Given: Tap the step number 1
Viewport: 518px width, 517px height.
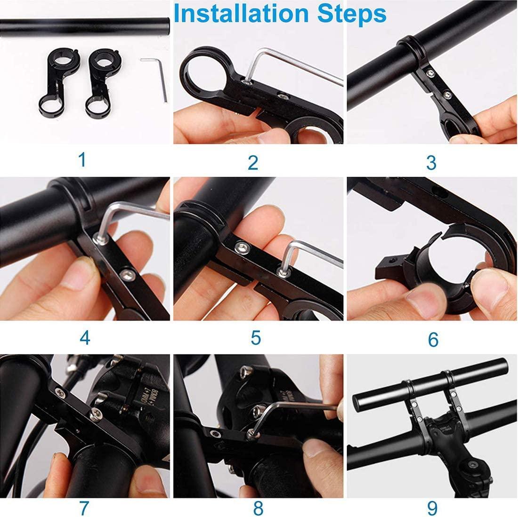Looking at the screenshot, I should click(82, 159).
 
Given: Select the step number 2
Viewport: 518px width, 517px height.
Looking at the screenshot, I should click(253, 162).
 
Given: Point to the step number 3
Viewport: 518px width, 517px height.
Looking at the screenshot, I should click(431, 162).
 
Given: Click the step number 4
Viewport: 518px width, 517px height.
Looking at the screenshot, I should click(85, 337).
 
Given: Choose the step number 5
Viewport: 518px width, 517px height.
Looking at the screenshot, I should click(256, 337).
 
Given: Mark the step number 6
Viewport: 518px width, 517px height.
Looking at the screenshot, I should click(433, 339).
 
